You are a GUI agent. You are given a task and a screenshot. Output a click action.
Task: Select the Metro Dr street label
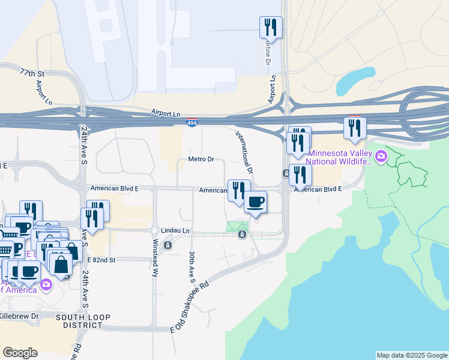[x=201, y=159]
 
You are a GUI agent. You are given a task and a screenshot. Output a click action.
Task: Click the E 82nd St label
[x=100, y=260]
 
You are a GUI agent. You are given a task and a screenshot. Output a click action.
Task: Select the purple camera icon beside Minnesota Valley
[x=381, y=157]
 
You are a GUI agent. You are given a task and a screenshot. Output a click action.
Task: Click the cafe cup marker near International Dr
[x=255, y=202]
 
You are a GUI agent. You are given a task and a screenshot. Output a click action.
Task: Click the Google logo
[x=20, y=352]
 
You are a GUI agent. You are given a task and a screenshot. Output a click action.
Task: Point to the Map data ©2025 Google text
[x=412, y=355]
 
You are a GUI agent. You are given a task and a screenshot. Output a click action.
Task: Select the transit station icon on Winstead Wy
[x=167, y=245]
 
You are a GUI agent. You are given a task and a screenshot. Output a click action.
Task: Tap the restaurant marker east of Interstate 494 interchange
[x=355, y=128]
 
